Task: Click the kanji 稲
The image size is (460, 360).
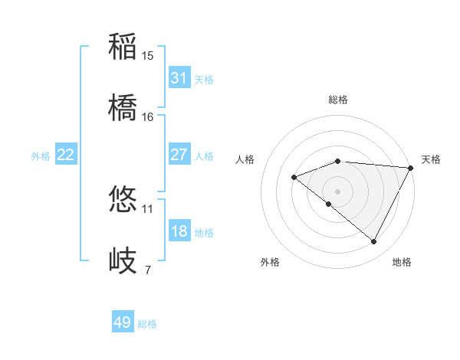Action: (x=123, y=47)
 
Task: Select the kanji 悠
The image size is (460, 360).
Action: (x=123, y=201)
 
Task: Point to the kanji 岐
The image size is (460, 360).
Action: (x=123, y=260)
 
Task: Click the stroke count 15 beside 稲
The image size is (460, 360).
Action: (x=148, y=56)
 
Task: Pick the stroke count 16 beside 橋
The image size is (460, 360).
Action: (x=148, y=116)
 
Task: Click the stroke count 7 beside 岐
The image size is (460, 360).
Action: (x=148, y=270)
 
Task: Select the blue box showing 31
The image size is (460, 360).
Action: (x=179, y=78)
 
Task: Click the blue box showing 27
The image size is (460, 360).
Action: (x=179, y=155)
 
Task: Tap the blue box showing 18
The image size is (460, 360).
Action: (x=179, y=231)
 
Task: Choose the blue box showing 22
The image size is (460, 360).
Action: (x=65, y=155)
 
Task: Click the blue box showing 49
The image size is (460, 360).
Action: (x=122, y=322)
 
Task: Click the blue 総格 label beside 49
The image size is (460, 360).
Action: (x=147, y=324)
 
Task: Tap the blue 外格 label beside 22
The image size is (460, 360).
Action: (x=41, y=156)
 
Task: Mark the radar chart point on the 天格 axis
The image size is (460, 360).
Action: (x=411, y=168)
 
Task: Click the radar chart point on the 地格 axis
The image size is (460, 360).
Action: (x=374, y=242)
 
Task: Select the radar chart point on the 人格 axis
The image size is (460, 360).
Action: (x=294, y=177)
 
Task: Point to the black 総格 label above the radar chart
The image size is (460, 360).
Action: (x=338, y=100)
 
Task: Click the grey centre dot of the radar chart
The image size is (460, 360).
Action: (x=338, y=191)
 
